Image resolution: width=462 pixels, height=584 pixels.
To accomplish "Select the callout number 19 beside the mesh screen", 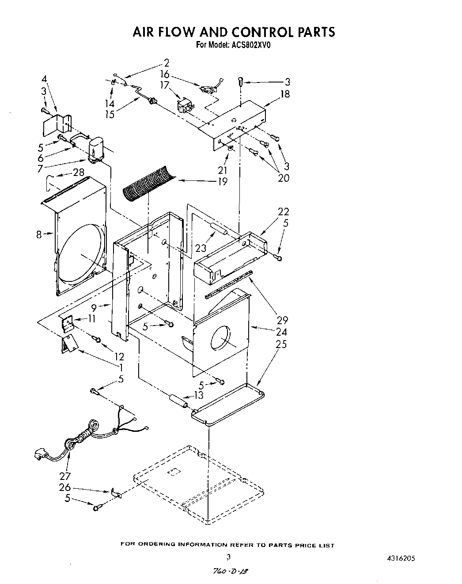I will click(222, 181).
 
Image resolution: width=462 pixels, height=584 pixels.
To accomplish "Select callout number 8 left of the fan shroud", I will click(39, 234).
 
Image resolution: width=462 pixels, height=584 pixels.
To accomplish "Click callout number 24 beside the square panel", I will click(281, 332).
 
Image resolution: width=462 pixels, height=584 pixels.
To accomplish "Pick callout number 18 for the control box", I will click(285, 94).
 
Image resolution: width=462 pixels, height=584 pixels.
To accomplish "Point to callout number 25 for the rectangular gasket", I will click(281, 344).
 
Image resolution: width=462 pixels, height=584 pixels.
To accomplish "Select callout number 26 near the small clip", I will click(64, 487).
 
